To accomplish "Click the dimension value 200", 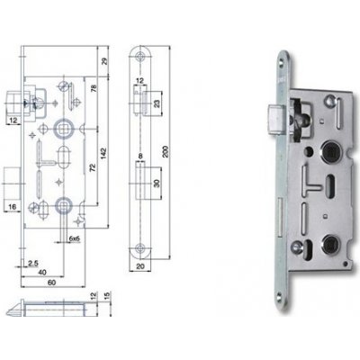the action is tap(166, 151).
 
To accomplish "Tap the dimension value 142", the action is tap(103, 153).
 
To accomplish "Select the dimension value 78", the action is tap(94, 89).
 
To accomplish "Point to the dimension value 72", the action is tap(93, 167).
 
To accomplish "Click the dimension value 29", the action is tap(104, 61).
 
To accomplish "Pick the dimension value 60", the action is tap(51, 283).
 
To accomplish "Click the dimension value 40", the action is tap(42, 272).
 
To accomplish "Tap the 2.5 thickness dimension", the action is tap(33, 264).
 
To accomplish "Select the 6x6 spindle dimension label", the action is tap(74, 238).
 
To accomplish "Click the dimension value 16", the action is tap(13, 207).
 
